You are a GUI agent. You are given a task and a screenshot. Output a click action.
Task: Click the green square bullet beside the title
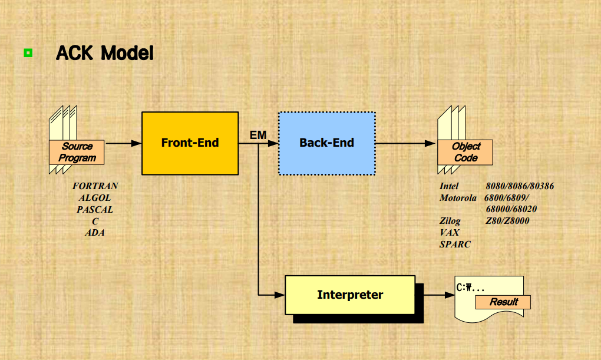coord(28,54)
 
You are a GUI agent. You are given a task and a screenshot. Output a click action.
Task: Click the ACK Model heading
coord(105,54)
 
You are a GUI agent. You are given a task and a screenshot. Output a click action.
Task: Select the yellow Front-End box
coord(190,143)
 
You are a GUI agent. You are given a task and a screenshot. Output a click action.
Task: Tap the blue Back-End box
coord(326,143)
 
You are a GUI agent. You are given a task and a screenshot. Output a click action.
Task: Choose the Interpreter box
coord(350,295)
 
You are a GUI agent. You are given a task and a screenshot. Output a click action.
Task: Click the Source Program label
coord(77,152)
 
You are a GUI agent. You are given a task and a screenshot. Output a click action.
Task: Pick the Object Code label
coord(465,152)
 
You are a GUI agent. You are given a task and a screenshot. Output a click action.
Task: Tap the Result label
coord(504,302)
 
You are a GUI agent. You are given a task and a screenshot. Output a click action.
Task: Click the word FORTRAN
coord(95,186)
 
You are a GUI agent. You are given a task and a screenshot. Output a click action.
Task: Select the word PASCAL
coord(95,209)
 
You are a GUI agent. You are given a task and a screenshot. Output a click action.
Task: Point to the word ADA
coord(95,233)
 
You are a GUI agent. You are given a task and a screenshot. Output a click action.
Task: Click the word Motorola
coord(458,198)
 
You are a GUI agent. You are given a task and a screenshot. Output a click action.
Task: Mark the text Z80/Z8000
coord(507,221)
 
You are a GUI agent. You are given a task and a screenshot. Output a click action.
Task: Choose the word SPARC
coord(455,244)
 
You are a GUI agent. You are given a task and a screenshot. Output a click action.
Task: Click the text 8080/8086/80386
coord(520,186)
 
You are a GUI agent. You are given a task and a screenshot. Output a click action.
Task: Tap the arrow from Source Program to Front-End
coord(123,143)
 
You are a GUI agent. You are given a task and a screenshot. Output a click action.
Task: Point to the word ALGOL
coord(95,197)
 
